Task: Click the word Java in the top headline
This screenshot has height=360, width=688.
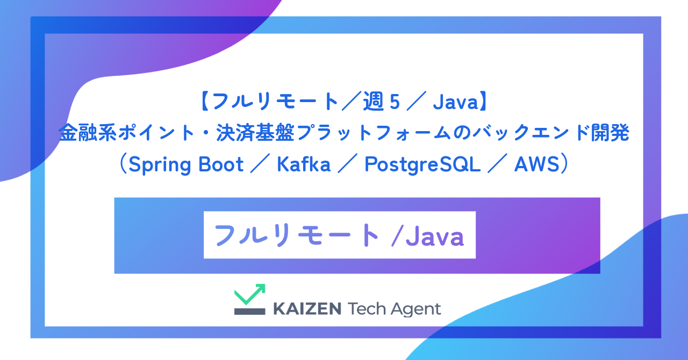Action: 455,102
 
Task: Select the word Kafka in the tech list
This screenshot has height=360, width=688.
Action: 304,165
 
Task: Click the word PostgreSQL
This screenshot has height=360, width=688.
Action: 422,165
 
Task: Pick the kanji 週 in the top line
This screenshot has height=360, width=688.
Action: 372,102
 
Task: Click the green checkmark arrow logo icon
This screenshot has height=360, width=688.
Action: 250,294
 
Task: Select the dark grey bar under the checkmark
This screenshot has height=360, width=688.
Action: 250,311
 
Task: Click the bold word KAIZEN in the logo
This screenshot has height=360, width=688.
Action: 307,309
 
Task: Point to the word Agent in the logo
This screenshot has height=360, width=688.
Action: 416,309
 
